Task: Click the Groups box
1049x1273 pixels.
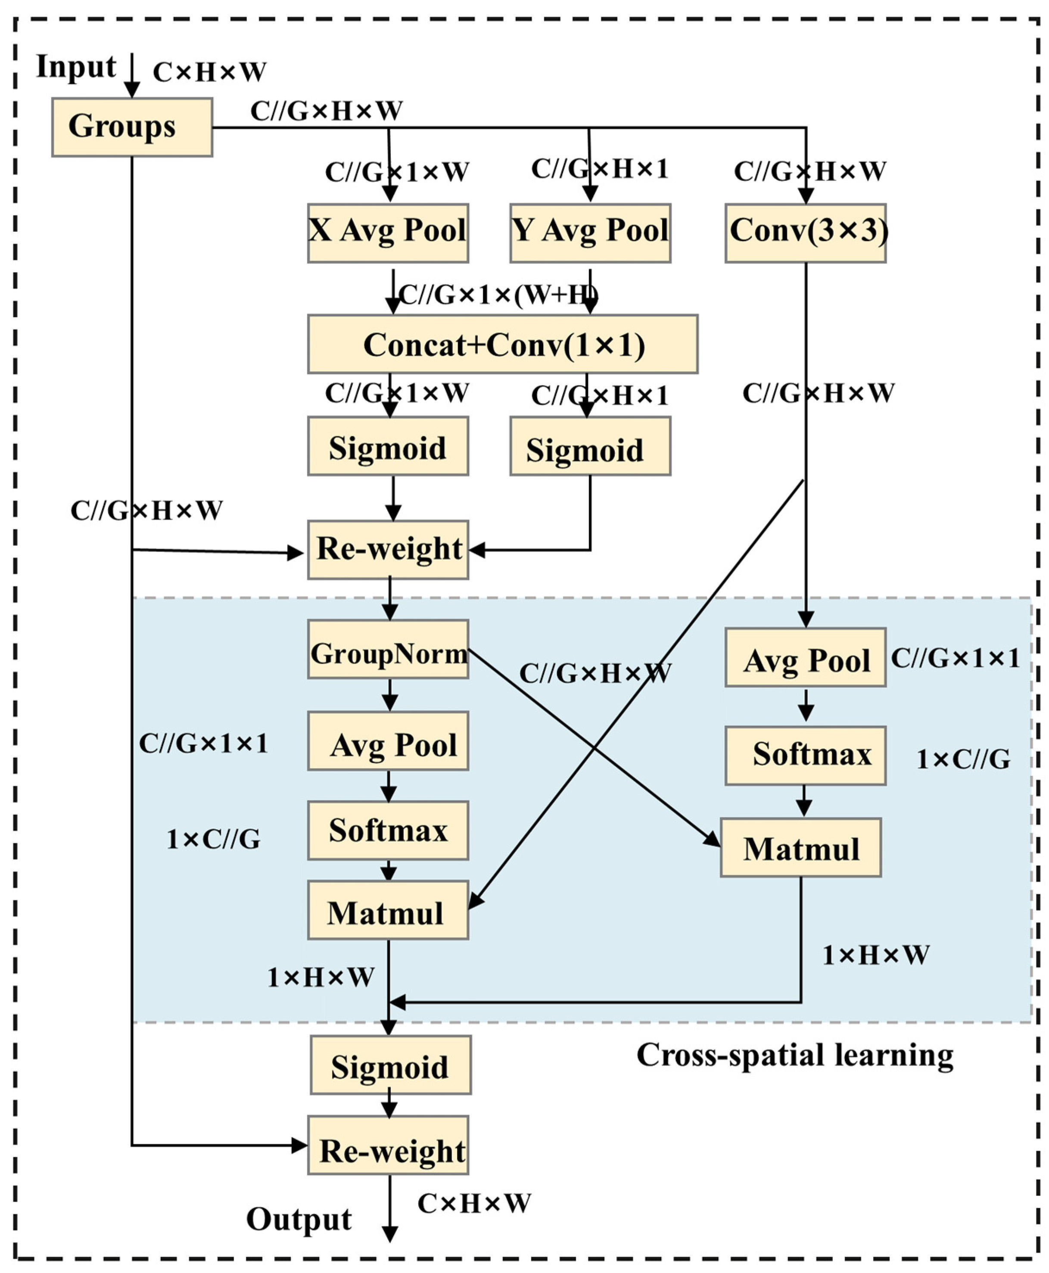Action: [132, 127]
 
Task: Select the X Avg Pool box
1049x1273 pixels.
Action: [388, 233]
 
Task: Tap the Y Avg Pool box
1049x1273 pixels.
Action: [590, 233]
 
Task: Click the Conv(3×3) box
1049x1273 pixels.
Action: [806, 233]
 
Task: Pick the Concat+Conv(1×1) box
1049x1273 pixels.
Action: [503, 344]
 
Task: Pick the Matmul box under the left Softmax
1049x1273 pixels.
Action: [388, 910]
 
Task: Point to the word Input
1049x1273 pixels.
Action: [75, 66]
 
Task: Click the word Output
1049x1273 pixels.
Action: [299, 1219]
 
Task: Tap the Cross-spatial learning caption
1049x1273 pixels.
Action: [794, 1055]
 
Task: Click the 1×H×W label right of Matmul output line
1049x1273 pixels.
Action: [875, 955]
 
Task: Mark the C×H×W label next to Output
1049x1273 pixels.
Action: [474, 1204]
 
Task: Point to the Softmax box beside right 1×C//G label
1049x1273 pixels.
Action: [806, 755]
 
